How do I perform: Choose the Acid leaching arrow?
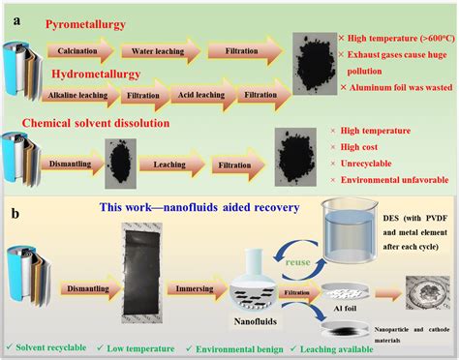coord(195,95)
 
